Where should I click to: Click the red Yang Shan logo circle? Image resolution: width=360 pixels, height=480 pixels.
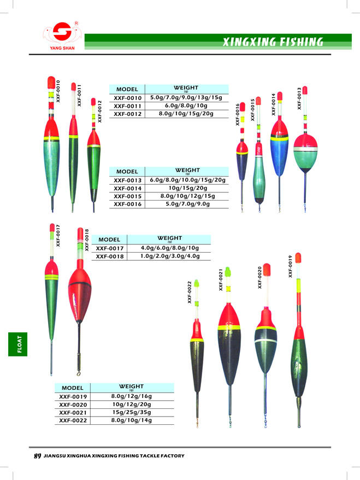tap(62, 31)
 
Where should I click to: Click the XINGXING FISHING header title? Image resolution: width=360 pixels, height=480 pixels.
tap(273, 42)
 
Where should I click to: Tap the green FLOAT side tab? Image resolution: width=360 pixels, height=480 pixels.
tap(17, 344)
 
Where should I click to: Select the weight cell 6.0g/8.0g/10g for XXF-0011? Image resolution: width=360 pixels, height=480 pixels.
tap(186, 106)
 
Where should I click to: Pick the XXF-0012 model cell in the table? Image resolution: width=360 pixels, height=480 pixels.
tap(127, 114)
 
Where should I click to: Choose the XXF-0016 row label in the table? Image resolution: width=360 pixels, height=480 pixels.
tap(127, 204)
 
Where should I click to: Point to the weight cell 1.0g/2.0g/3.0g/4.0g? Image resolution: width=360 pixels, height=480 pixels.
tap(170, 256)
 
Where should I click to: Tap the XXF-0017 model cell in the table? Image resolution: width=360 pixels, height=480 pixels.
tap(110, 248)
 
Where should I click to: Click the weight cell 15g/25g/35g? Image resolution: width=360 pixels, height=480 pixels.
tap(132, 412)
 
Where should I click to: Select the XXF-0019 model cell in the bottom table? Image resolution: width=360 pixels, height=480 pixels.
tap(73, 397)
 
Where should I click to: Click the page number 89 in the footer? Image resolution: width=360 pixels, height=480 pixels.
tap(37, 456)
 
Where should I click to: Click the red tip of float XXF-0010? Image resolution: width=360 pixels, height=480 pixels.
tap(51, 83)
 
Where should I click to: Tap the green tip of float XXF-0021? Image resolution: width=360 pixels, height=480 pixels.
tap(228, 272)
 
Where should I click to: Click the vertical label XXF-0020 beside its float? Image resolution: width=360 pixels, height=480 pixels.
tap(259, 277)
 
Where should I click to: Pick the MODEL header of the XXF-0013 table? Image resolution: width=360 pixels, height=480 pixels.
tap(127, 172)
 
